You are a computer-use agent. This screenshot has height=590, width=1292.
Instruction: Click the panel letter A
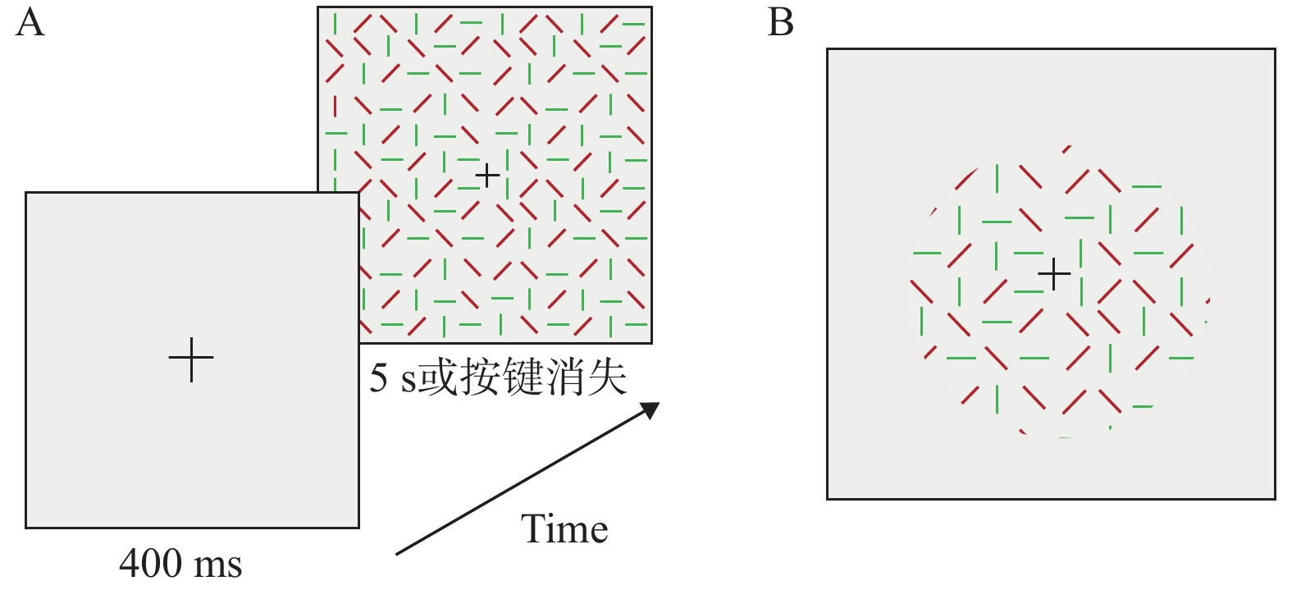[x=30, y=23]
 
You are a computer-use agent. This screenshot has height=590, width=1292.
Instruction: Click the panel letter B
[x=780, y=23]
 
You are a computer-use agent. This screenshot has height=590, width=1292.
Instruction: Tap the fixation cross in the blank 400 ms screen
[x=191, y=359]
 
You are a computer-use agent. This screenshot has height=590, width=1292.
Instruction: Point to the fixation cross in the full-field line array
[x=487, y=176]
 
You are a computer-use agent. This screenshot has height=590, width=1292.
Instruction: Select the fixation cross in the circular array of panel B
[x=1054, y=273]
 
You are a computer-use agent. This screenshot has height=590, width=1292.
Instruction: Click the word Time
[x=564, y=528]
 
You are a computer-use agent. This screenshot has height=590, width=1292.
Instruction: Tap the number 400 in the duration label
[x=151, y=564]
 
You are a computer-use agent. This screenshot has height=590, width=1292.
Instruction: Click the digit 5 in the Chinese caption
[x=378, y=377]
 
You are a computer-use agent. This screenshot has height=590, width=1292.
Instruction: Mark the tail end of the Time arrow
[x=396, y=554]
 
